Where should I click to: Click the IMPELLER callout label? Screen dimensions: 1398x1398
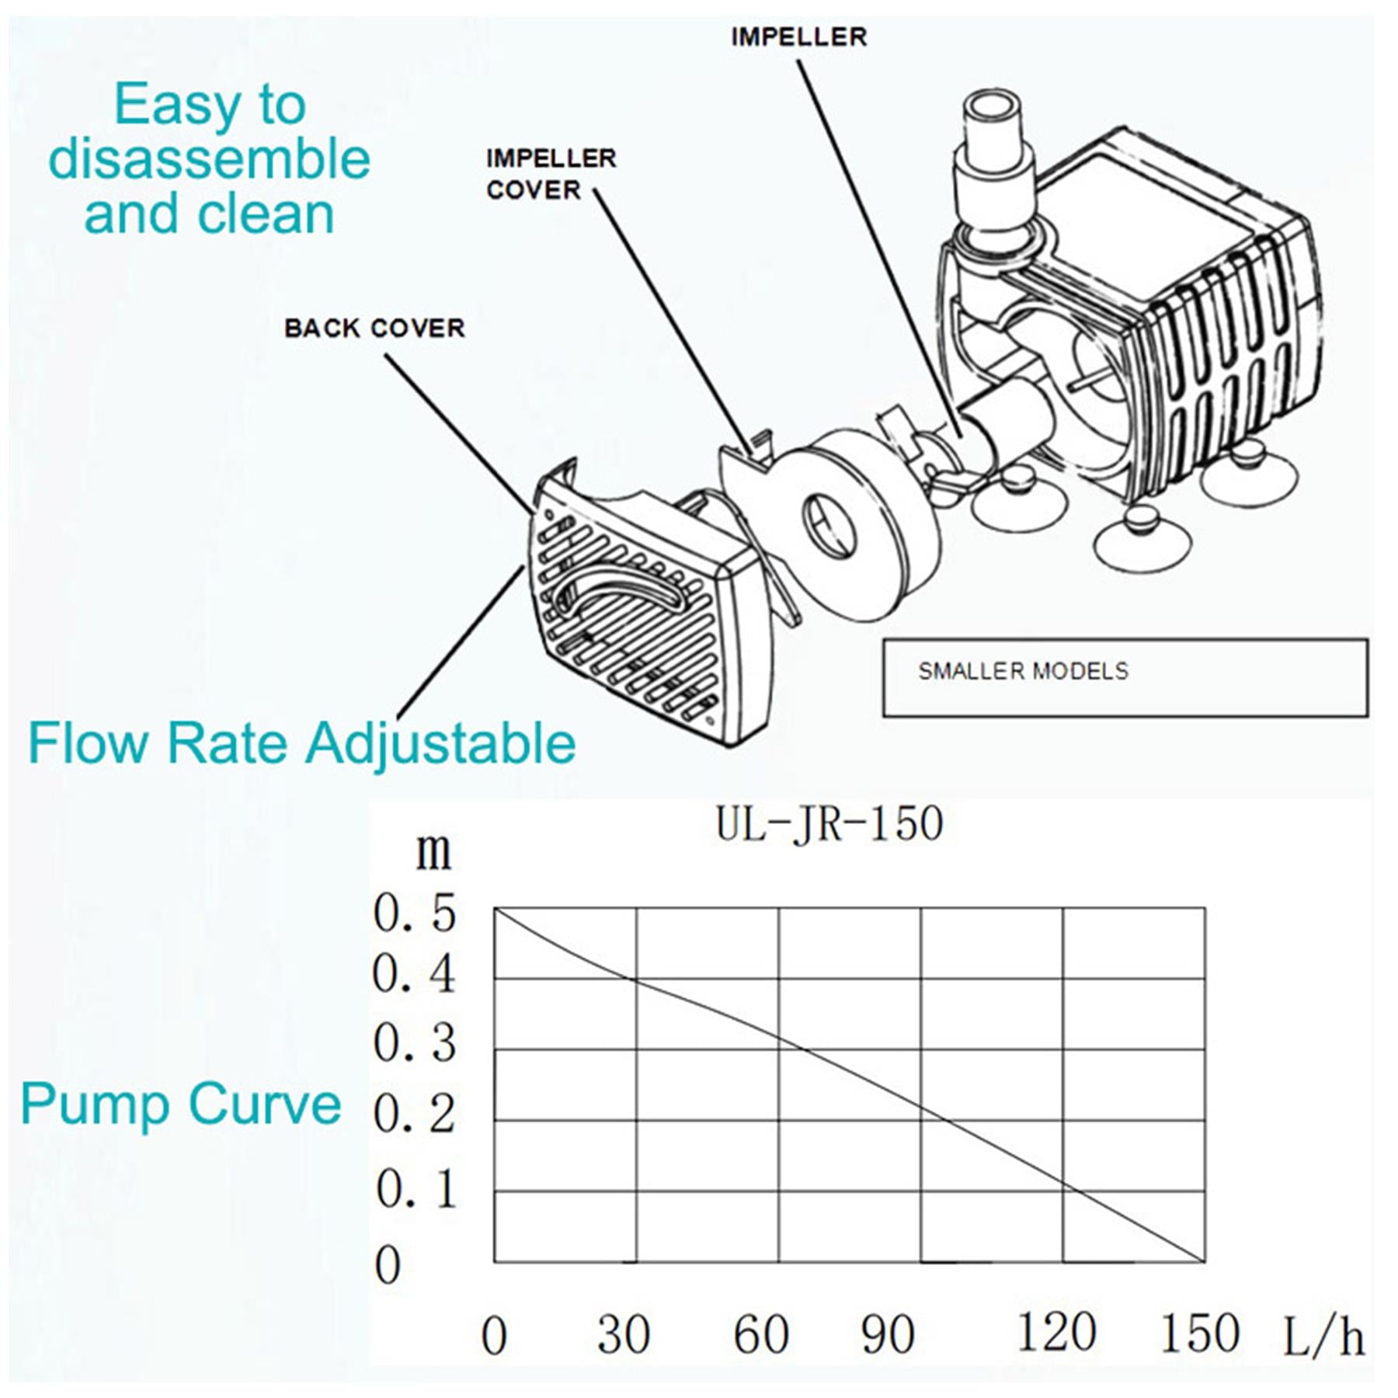pos(798,37)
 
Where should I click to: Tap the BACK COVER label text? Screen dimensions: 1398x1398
pos(374,328)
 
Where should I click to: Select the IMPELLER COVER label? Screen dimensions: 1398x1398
pos(550,174)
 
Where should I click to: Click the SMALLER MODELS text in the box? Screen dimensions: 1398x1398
pos(1023,671)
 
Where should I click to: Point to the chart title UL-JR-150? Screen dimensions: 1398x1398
pos(829,824)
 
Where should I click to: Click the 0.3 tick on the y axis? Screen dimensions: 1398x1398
pos(414,1043)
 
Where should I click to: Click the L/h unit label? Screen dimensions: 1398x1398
pos(1323,1337)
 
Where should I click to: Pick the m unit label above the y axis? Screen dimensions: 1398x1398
pos(433,852)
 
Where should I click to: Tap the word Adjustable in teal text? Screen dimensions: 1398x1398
pos(440,743)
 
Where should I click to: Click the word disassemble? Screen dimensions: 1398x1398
pos(210,159)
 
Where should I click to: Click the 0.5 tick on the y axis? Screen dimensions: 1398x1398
pos(414,913)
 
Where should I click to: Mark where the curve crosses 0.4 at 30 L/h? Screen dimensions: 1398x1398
pos(637,979)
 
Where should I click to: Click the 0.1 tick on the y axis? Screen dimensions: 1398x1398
pos(417,1190)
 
